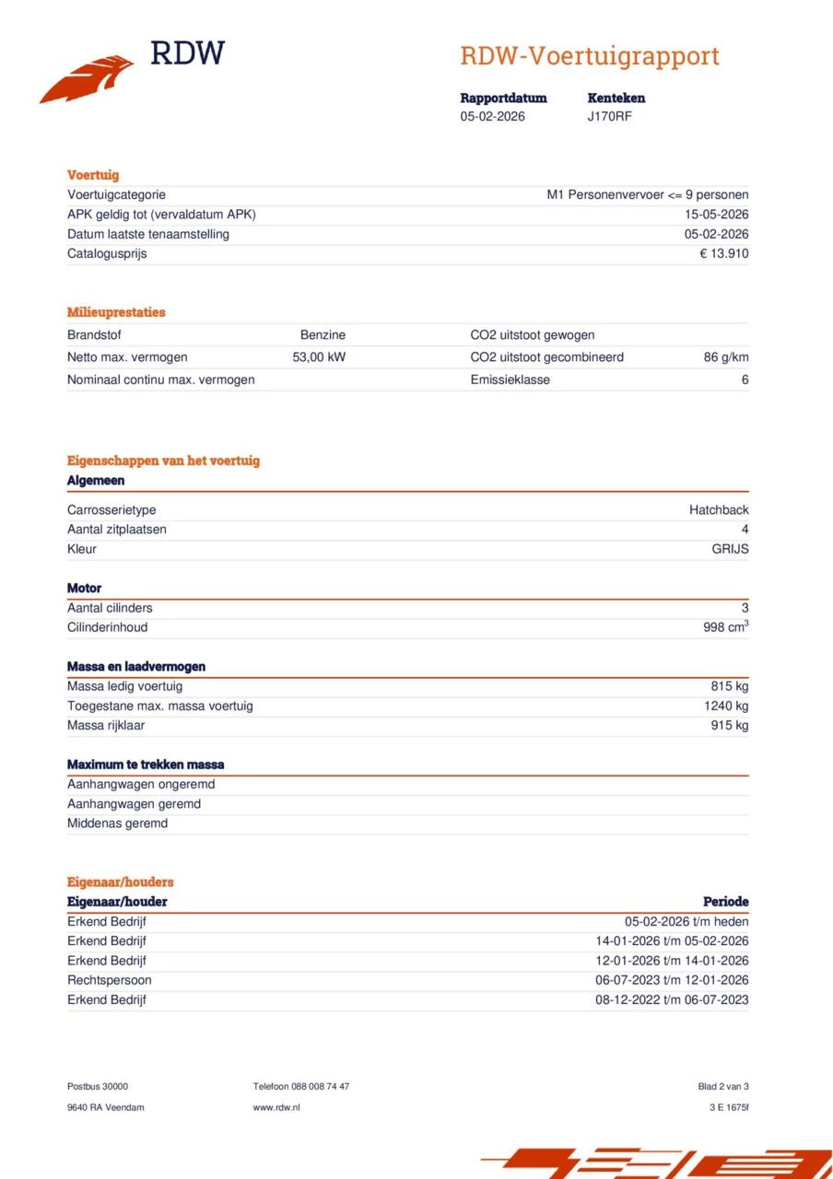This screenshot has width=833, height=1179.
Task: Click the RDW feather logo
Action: tap(88, 78)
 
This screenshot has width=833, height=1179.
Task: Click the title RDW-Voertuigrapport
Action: tap(590, 56)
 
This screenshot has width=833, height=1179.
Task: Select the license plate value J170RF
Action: tap(609, 116)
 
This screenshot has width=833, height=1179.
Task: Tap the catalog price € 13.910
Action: tap(723, 253)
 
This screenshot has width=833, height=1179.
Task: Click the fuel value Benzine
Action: tap(323, 335)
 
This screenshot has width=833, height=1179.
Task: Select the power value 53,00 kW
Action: tap(319, 357)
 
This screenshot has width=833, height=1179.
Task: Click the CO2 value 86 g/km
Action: tap(726, 357)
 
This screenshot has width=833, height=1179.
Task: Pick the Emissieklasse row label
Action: tap(510, 379)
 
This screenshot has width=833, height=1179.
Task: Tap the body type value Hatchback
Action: tap(719, 510)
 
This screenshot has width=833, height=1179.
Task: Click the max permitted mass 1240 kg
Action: tap(726, 706)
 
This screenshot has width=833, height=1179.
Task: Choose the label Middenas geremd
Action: tap(117, 823)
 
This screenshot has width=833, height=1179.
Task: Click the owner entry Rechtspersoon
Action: tap(109, 980)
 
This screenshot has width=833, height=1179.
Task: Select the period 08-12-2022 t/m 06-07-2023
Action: tap(672, 1000)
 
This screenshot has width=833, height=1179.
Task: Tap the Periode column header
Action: tap(725, 902)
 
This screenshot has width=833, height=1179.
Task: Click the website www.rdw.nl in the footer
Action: tap(276, 1107)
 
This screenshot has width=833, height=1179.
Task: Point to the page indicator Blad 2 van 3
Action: tap(723, 1087)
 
